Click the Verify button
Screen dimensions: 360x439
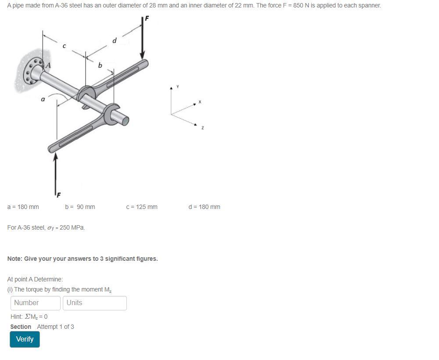25,339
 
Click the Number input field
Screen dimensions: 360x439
35,303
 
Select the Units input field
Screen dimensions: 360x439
95,303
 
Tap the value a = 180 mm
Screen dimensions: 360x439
23,207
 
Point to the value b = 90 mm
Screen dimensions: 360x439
80,207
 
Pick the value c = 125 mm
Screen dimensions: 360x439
141,207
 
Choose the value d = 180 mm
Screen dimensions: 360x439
204,207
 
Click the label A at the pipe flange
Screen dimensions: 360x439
48,65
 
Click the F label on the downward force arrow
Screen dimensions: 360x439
147,18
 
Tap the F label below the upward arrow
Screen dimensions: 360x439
58,194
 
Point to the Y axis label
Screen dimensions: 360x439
178,86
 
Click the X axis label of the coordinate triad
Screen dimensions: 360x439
199,102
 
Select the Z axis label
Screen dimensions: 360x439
202,128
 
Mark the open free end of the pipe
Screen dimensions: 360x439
126,120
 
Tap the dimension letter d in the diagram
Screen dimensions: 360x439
115,41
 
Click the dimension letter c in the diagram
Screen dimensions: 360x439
64,45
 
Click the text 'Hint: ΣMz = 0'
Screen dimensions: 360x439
29,317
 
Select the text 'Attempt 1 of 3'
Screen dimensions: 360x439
55,327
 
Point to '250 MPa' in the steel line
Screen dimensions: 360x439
72,228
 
